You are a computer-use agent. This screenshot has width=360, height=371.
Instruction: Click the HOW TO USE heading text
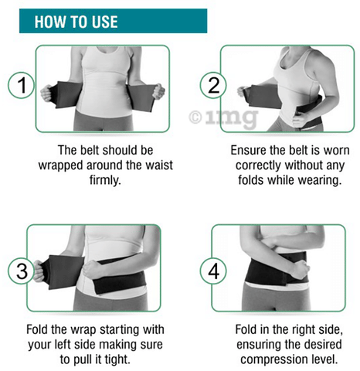click(76, 22)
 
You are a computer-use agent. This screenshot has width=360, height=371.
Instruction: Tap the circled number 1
click(21, 85)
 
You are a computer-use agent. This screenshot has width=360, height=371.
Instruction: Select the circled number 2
click(213, 85)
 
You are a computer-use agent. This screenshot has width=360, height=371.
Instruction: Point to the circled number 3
click(21, 271)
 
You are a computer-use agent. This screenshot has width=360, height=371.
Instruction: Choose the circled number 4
click(213, 271)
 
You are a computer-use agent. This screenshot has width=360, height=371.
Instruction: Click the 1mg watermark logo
click(223, 117)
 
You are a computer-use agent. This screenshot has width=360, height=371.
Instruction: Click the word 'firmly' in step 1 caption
click(105, 179)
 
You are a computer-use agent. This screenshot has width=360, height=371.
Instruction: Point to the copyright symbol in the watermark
click(195, 117)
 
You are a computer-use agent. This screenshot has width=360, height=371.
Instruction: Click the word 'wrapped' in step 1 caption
click(61, 165)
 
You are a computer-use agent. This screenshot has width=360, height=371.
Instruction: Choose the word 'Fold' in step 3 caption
click(37, 329)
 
